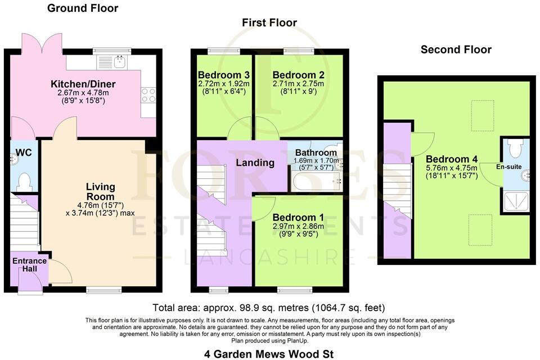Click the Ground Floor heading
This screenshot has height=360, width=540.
[x=83, y=8]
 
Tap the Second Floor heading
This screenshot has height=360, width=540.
[x=456, y=49]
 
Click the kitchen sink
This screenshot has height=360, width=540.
[x=120, y=61]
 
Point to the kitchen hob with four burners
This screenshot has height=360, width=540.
[x=148, y=96]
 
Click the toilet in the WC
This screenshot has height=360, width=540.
[x=24, y=181]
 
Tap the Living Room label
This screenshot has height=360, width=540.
[x=100, y=192]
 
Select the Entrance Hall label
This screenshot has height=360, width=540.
[x=26, y=265]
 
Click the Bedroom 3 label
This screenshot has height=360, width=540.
[x=223, y=75]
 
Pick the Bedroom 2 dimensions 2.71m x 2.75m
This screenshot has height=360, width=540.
[x=298, y=84]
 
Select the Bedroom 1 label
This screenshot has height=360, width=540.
[x=298, y=218]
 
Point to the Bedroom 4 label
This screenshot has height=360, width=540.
[x=451, y=159]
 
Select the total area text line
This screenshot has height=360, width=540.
[x=269, y=308]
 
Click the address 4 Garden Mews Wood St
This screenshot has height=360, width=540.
[x=269, y=354]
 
